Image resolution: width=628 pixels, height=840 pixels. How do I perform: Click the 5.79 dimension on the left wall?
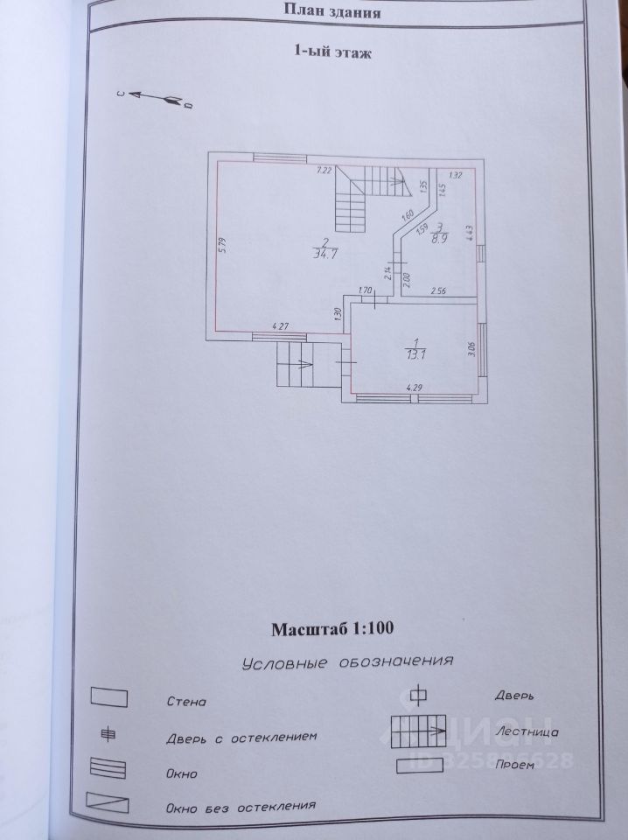(x=222, y=247)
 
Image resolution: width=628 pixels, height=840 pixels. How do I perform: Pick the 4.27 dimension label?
(x=281, y=327)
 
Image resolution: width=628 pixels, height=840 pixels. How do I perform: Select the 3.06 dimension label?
(x=470, y=351)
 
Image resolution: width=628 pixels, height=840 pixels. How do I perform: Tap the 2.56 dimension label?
(x=438, y=290)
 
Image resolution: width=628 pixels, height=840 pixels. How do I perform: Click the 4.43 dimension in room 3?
(x=470, y=232)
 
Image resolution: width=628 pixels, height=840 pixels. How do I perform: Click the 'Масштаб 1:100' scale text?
(x=333, y=628)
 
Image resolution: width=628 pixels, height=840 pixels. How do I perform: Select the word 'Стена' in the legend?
(x=185, y=702)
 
